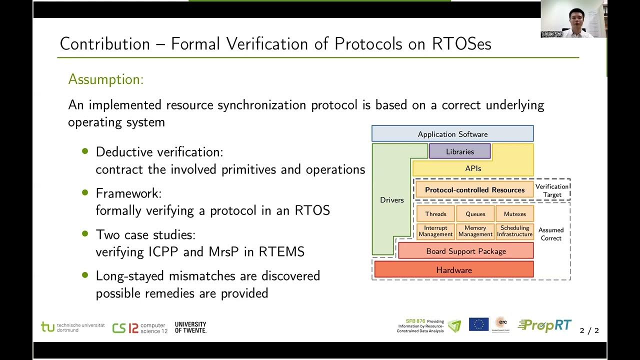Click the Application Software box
click(x=452, y=134)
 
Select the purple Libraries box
click(x=459, y=151)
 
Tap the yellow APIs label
click(x=473, y=168)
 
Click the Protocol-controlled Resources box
click(x=474, y=190)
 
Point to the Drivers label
click(x=391, y=200)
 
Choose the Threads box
click(x=435, y=214)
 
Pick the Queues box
click(x=475, y=214)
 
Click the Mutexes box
click(x=514, y=214)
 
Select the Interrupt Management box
click(x=435, y=231)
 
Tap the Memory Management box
click(x=475, y=231)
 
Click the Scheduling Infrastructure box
click(x=514, y=231)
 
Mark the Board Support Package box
click(x=465, y=251)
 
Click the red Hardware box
click(x=453, y=270)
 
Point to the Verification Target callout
click(x=552, y=190)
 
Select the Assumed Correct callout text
click(x=551, y=234)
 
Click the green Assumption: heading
click(x=105, y=79)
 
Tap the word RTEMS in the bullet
click(x=281, y=251)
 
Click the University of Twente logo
click(x=190, y=327)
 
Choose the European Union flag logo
click(x=478, y=324)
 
